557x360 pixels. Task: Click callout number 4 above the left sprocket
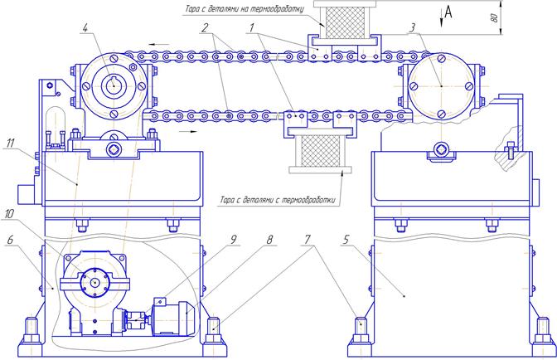click(x=85, y=28)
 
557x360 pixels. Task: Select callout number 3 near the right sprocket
click(x=413, y=27)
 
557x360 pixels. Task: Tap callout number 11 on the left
click(x=11, y=143)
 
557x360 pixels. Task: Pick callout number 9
click(x=234, y=239)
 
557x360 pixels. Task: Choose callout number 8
click(x=269, y=239)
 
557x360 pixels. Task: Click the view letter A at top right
click(x=448, y=12)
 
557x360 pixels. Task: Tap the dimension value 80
click(x=495, y=17)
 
